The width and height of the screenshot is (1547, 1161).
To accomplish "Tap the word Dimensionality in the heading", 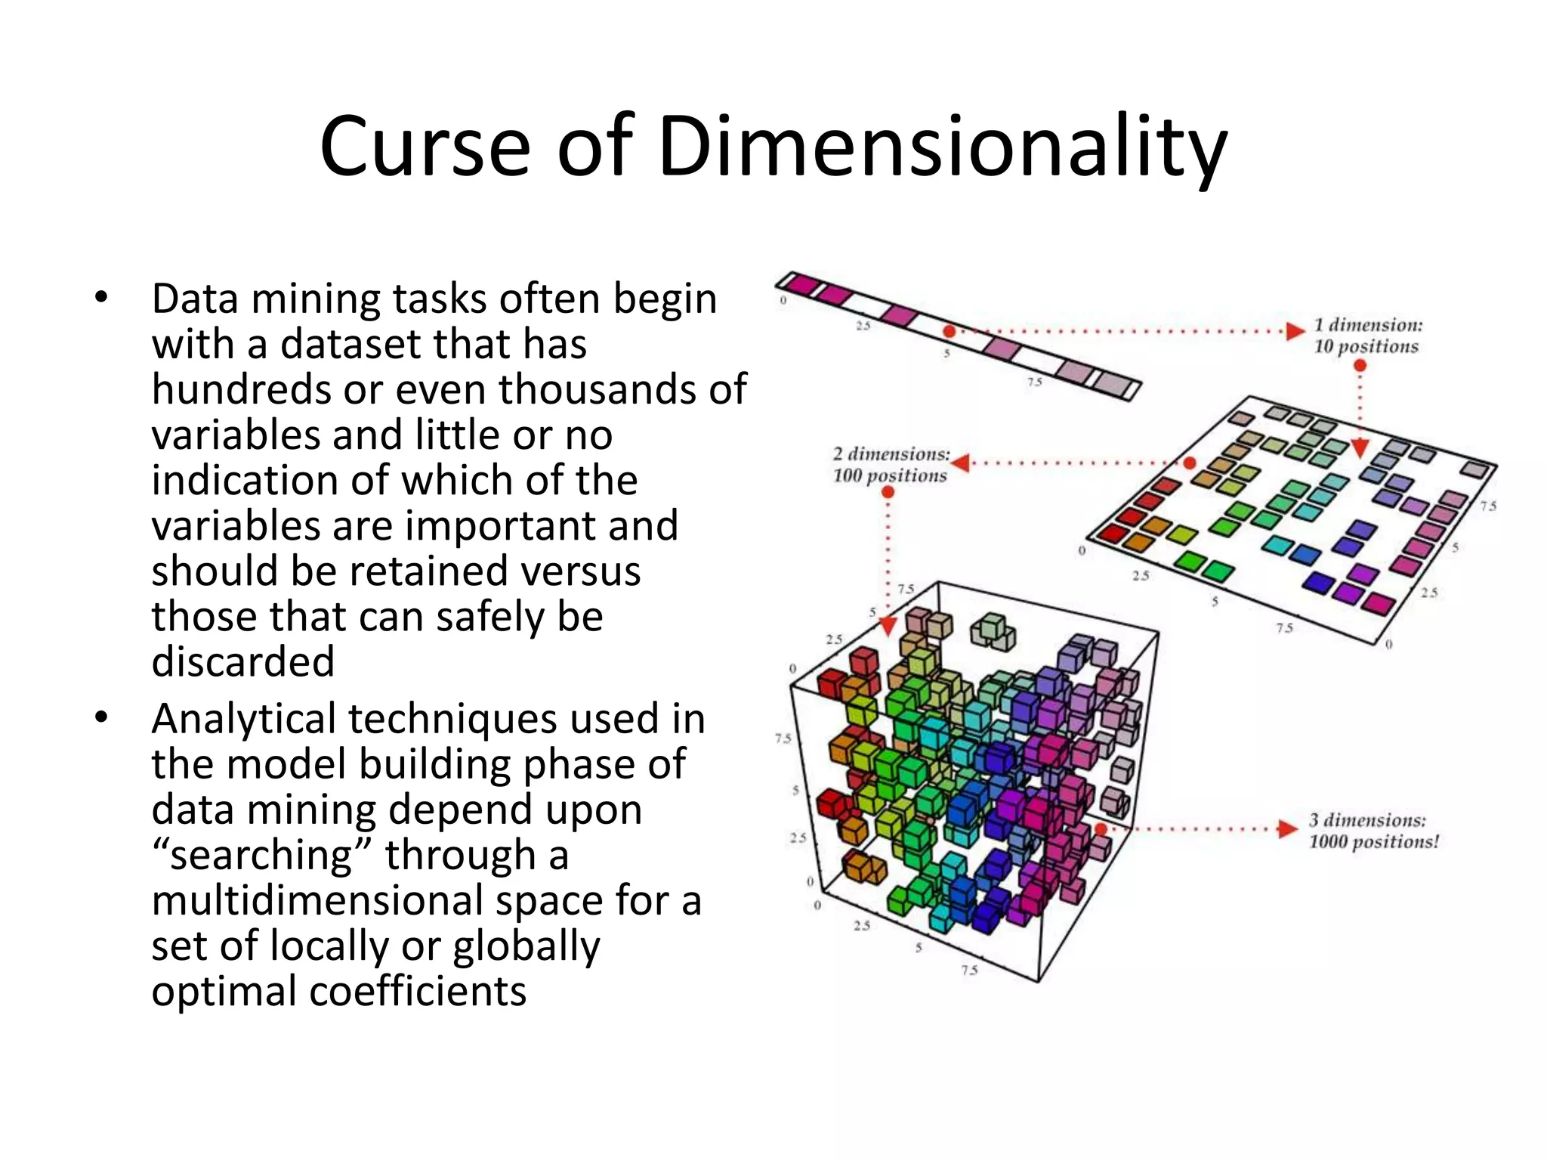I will coord(942,147).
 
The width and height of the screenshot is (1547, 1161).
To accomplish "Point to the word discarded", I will coord(242,661).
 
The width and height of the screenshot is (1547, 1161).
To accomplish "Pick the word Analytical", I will coord(243,719).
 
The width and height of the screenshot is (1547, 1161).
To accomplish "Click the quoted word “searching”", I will coord(261,856).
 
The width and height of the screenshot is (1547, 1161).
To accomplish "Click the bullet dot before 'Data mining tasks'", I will coord(101,298).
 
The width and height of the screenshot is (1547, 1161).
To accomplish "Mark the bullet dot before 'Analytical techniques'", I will coord(101,717).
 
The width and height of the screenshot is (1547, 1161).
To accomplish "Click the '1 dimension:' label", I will coord(1367,325).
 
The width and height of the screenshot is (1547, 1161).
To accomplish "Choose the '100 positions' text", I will coord(889,475).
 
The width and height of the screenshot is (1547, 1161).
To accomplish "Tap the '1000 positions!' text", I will coord(1373,841).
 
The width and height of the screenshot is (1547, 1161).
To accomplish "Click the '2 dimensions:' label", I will coord(891,454).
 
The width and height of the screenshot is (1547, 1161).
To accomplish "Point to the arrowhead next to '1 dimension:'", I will coord(1295,331).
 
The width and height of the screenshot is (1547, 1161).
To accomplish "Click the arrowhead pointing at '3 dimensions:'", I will coord(1287,829).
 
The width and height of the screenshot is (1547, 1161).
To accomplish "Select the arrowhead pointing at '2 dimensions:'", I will coord(961,462).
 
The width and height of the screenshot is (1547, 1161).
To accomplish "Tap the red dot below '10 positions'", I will coord(1360,366).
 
